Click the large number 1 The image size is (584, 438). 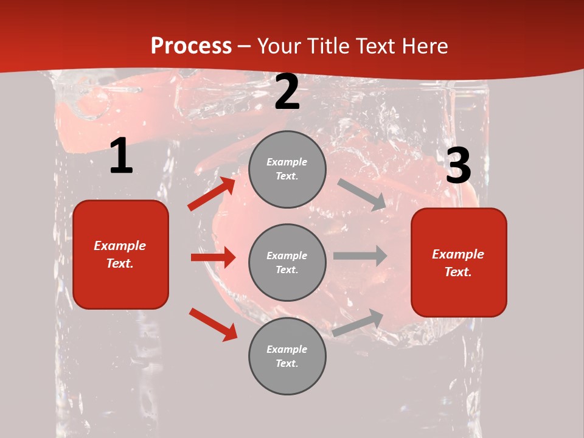pos(121,156)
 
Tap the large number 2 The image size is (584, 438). pos(287,92)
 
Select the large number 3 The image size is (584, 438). pos(458,165)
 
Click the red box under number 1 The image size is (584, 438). pos(120,254)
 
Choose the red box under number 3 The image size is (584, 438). pos(459,262)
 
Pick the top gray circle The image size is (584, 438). pos(287,169)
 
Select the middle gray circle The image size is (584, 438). pos(287,262)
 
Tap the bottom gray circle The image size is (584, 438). pos(287,356)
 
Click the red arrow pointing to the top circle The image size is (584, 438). pos(211,194)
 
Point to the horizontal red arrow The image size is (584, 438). pos(213,257)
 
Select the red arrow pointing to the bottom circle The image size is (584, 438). pos(213,324)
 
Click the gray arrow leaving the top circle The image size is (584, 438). pos(362,194)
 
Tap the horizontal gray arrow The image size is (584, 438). pos(360,255)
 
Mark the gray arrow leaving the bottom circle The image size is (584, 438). pos(358,322)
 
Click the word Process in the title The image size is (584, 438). pos(191,46)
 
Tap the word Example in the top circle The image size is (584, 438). pos(287,162)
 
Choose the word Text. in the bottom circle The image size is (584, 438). pos(287,363)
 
